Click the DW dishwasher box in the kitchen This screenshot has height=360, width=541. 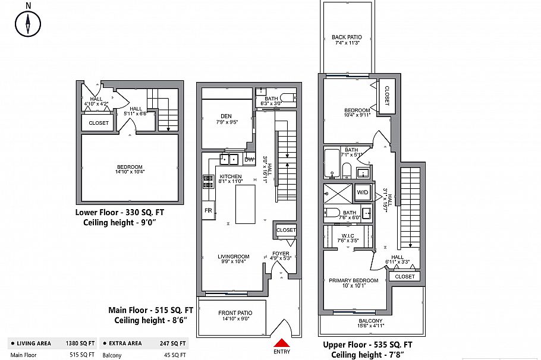pos(249,159)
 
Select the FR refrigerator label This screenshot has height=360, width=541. pos(208,211)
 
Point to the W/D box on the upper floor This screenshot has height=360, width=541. pos(362,192)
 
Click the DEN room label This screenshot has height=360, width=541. pos(226,117)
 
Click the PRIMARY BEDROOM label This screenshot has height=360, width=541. pos(353,280)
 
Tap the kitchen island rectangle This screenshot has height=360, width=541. pos(246,204)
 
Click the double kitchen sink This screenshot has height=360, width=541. pos(226,159)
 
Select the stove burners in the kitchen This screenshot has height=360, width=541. pos(207,182)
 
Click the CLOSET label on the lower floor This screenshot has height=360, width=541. pos(98,123)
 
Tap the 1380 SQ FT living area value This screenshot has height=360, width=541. pos(79,343)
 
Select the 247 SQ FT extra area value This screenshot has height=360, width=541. pos(173,343)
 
